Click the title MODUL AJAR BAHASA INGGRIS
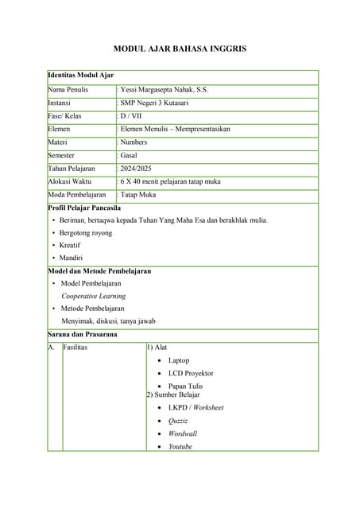tap(180, 49)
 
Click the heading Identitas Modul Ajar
tap(81, 76)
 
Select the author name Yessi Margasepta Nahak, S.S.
tap(165, 90)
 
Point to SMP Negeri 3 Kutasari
tap(157, 103)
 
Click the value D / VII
tap(131, 116)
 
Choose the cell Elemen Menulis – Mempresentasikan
tap(175, 129)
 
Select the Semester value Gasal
tap(130, 155)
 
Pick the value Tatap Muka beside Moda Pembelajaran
tap(138, 195)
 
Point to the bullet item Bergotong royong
tap(86, 233)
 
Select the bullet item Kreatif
tap(70, 245)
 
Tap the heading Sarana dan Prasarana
tap(83, 335)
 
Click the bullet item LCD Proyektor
tap(191, 373)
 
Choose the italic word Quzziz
tap(178, 421)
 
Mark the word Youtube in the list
tap(180, 446)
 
